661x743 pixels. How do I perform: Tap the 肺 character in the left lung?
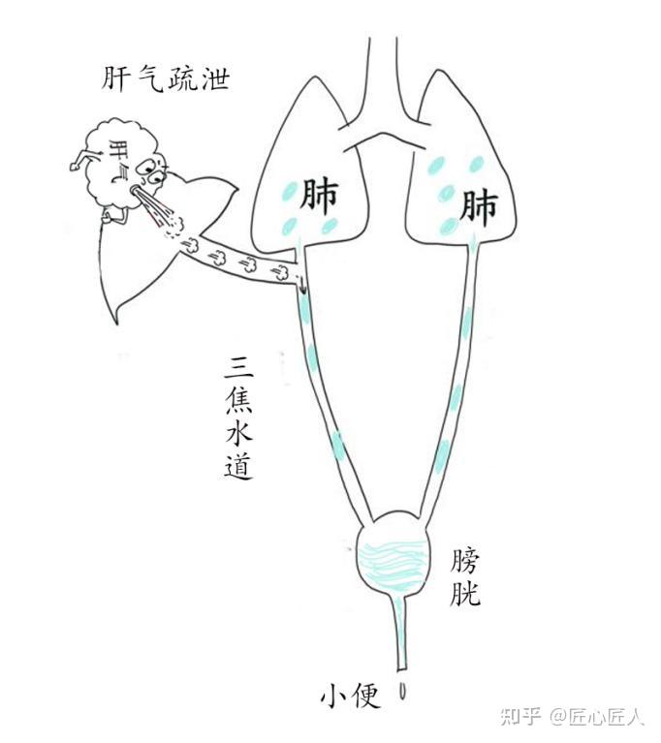coord(319,196)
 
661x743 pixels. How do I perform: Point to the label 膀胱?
coord(465,577)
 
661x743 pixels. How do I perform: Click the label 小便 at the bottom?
coord(351,697)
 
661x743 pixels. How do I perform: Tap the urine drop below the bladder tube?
coord(403,691)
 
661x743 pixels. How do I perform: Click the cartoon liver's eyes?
coord(149,172)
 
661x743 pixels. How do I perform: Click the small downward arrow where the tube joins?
coord(300,285)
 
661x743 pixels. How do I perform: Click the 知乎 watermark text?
coord(520,717)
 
